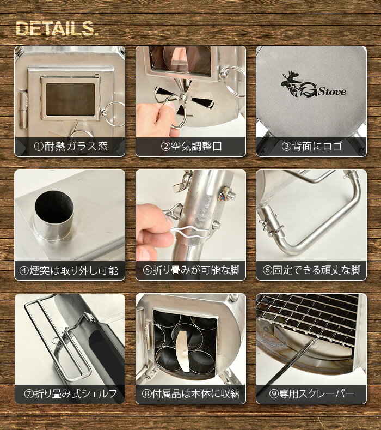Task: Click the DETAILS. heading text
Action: click(x=57, y=29)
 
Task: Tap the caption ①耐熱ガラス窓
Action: click(x=70, y=147)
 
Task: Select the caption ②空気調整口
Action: click(x=190, y=147)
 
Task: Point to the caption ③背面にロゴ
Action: click(x=311, y=147)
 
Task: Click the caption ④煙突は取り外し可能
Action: click(x=70, y=270)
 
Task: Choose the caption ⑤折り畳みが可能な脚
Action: click(x=190, y=270)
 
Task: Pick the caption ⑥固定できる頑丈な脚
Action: click(x=311, y=270)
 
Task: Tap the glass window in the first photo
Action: click(x=70, y=99)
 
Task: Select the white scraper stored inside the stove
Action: click(x=183, y=346)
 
